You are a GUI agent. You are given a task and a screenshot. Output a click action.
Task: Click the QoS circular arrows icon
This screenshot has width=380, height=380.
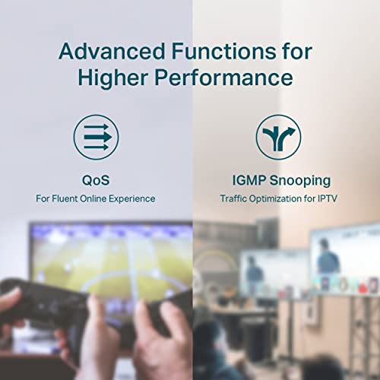(x=95, y=137)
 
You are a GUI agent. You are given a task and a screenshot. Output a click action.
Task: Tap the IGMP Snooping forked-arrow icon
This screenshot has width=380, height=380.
(x=278, y=137)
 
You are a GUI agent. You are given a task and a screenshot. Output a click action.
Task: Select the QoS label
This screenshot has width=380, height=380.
(x=95, y=180)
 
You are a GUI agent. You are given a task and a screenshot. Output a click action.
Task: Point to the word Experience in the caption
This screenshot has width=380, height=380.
(x=131, y=198)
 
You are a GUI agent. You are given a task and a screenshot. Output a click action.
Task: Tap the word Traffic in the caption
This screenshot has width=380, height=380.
(x=234, y=198)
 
